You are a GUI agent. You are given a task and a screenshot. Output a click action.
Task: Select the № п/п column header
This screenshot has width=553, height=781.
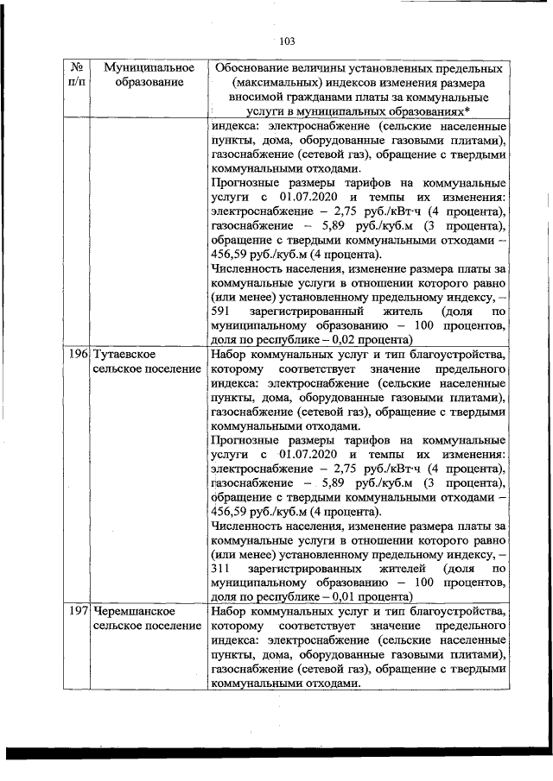pos(77,74)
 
